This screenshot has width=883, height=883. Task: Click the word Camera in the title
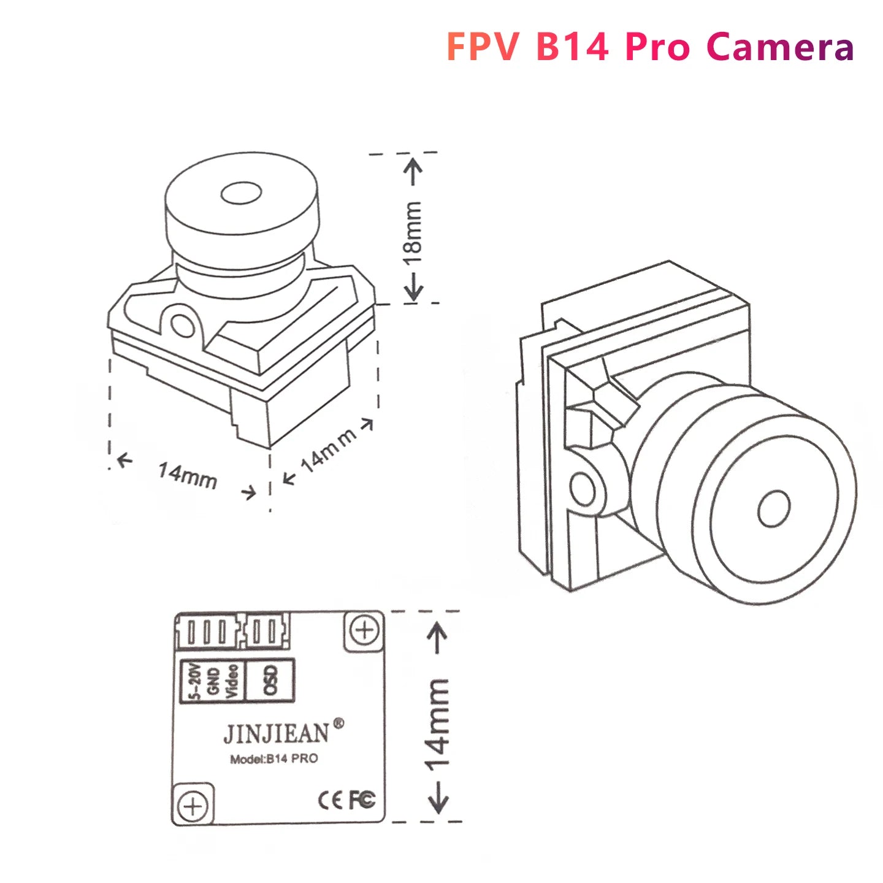pyautogui.click(x=780, y=47)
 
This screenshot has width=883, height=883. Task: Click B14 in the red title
pyautogui.click(x=572, y=47)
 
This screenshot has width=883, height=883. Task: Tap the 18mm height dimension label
pyautogui.click(x=413, y=232)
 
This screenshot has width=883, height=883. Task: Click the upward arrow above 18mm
pyautogui.click(x=414, y=171)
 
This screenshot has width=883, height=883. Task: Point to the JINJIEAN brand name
pyautogui.click(x=276, y=733)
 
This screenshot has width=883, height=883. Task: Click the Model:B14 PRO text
pyautogui.click(x=274, y=759)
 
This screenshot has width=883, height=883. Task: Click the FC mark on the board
pyautogui.click(x=362, y=800)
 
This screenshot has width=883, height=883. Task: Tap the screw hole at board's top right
pyautogui.click(x=365, y=630)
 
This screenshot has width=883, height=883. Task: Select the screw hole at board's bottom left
pyautogui.click(x=193, y=806)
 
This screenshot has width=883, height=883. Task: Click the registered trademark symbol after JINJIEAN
pyautogui.click(x=338, y=724)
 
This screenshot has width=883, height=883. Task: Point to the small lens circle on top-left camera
pyautogui.click(x=241, y=193)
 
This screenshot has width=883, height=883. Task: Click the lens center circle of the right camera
pyautogui.click(x=774, y=508)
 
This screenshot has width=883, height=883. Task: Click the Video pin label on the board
pyautogui.click(x=232, y=681)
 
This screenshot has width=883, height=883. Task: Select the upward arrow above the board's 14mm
pyautogui.click(x=437, y=638)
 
